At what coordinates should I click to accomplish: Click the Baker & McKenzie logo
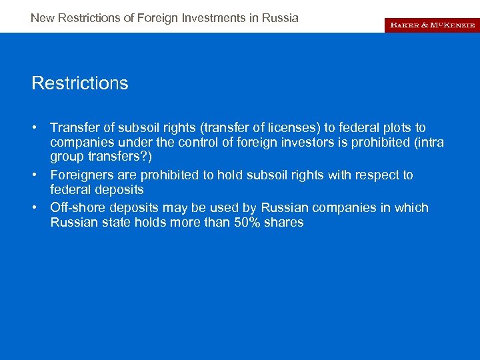point(431,25)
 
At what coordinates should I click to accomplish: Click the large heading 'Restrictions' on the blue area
point(80,83)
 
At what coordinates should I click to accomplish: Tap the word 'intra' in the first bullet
point(430,143)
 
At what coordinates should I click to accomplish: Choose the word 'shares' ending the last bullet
point(285,223)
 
